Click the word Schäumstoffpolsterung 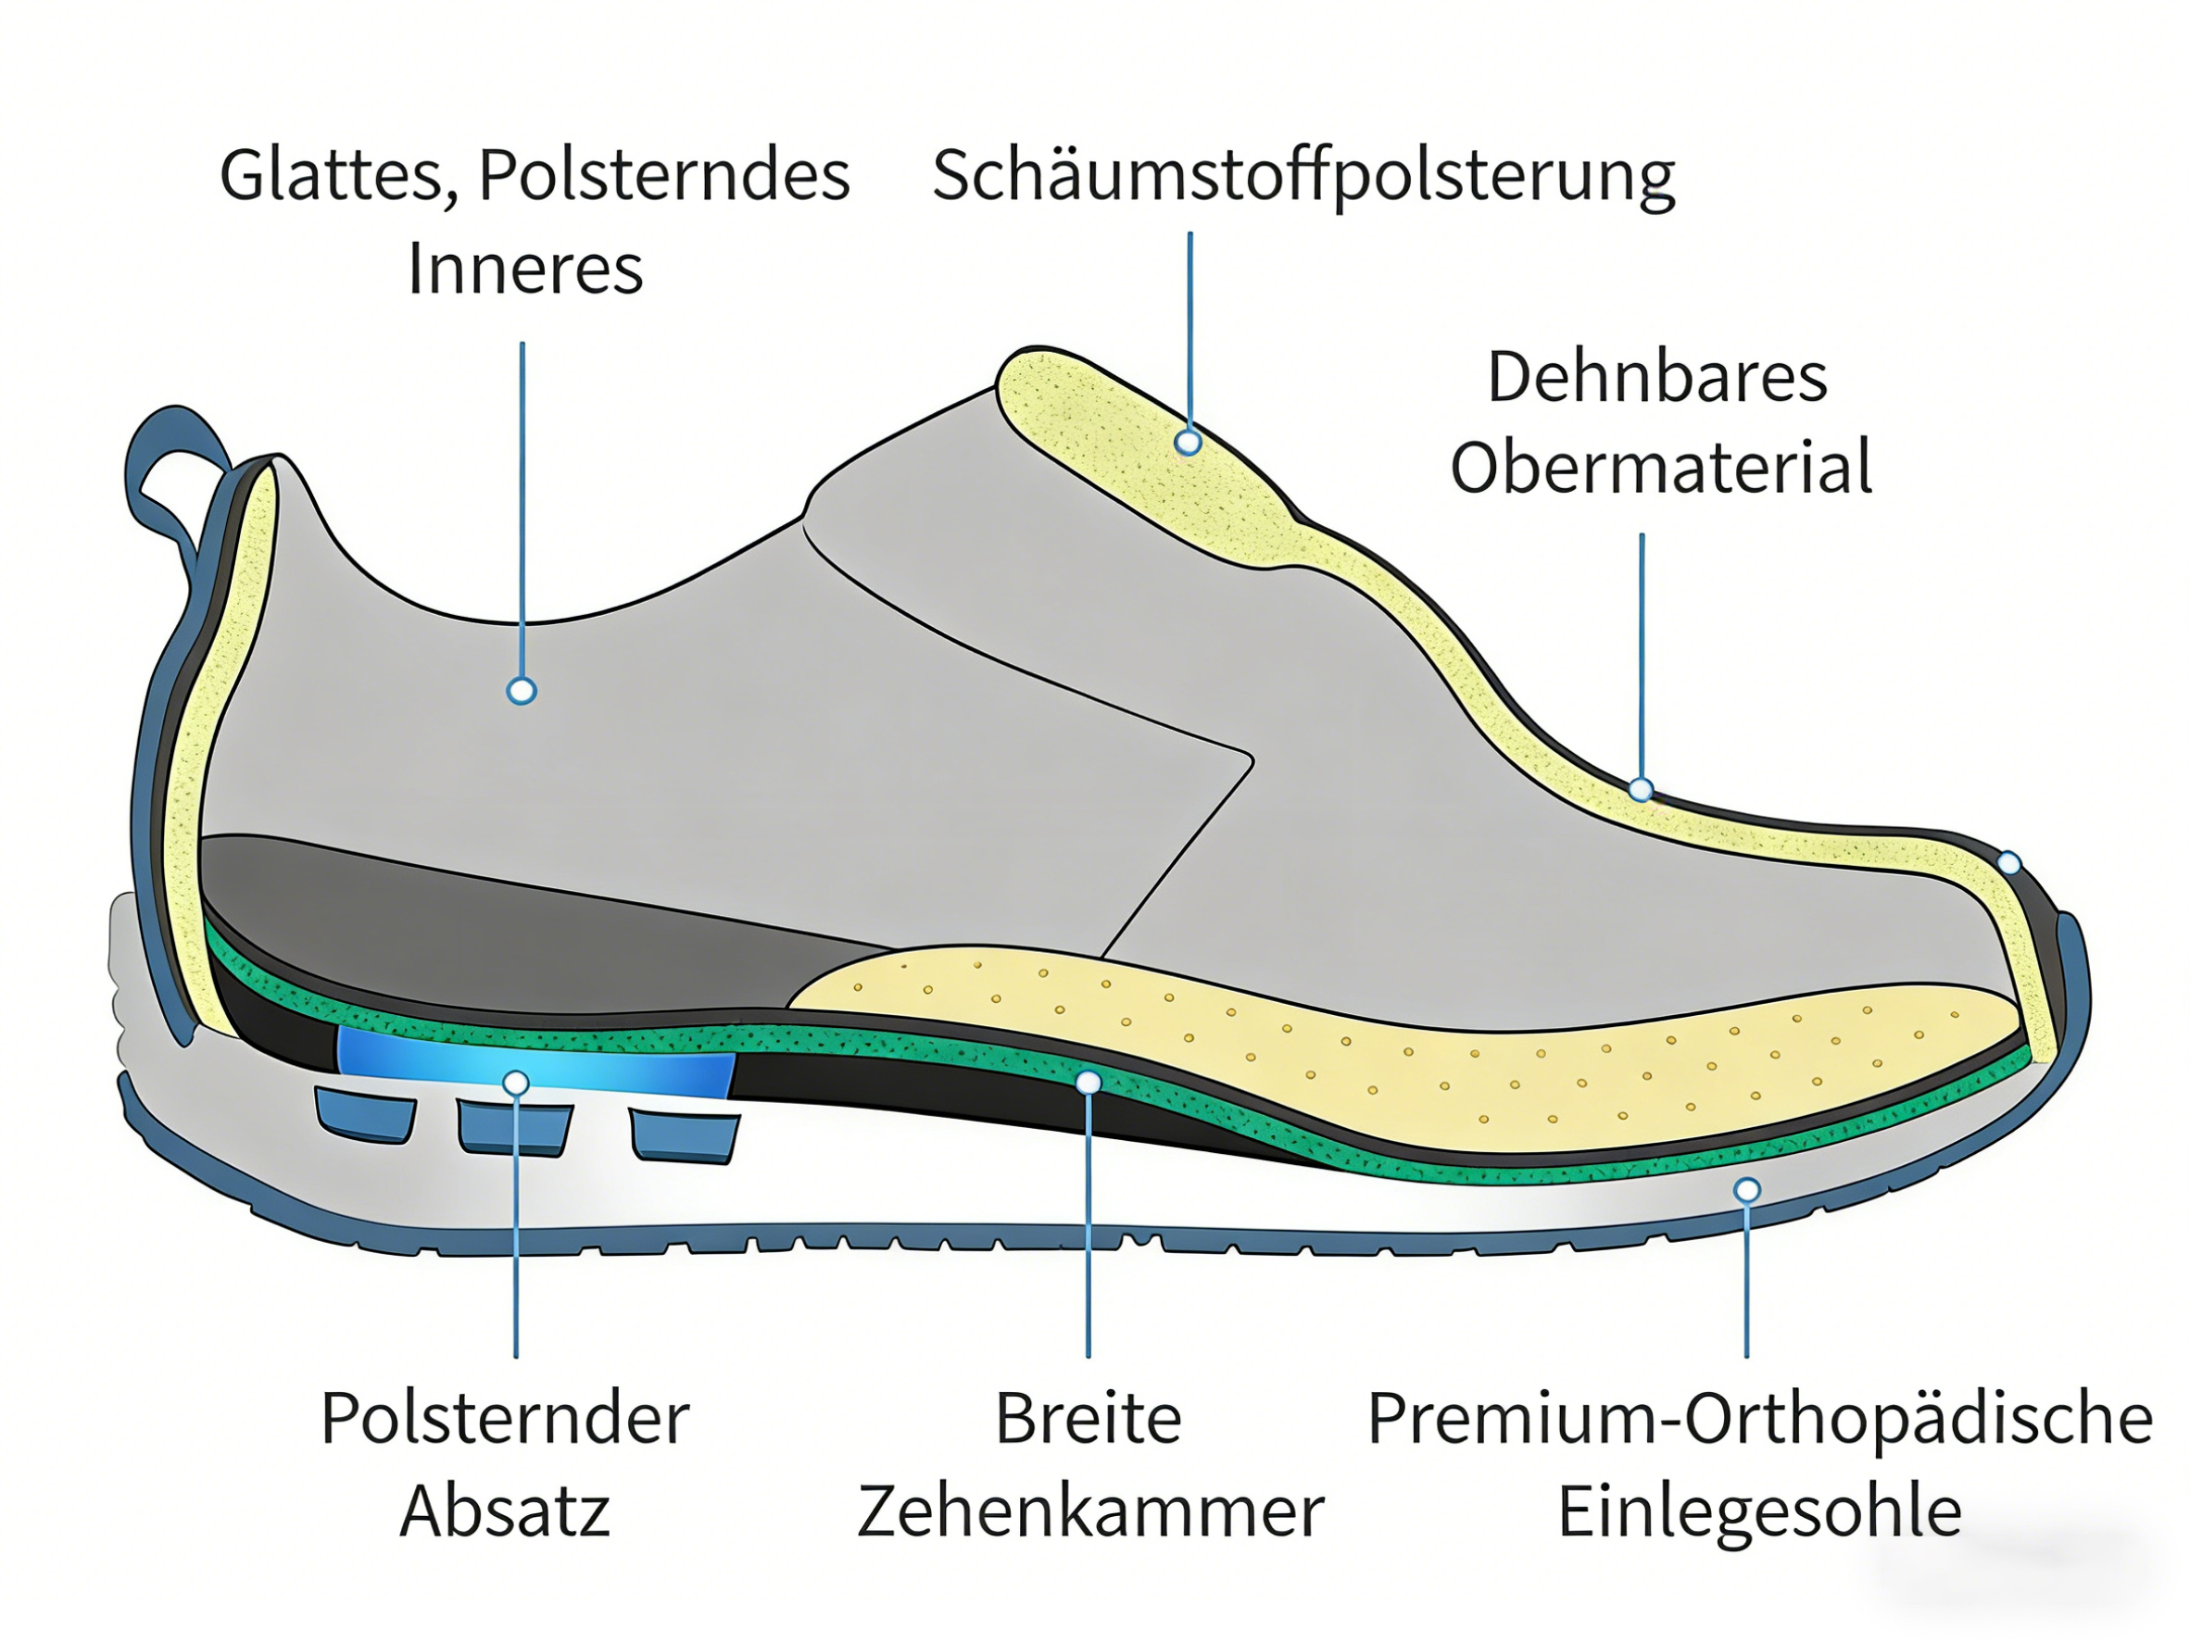click(x=1303, y=176)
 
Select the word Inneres click(x=524, y=269)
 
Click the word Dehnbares click(x=1656, y=377)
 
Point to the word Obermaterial click(x=1661, y=467)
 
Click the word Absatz click(x=505, y=1511)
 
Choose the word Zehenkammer click(x=1090, y=1511)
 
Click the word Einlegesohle click(x=1759, y=1511)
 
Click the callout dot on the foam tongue click(x=1188, y=443)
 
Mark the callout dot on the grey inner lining click(x=522, y=690)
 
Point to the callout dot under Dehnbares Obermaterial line click(x=1641, y=790)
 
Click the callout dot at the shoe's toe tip click(x=2008, y=863)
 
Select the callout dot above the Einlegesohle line click(x=1747, y=1190)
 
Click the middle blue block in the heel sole click(x=514, y=1128)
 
